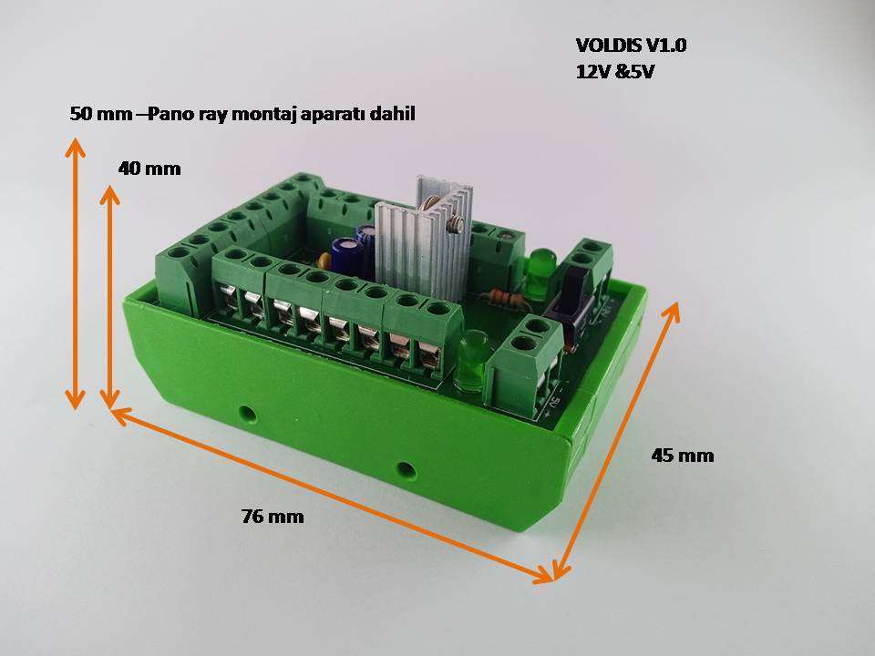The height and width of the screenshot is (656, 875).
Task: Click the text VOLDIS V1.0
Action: pos(631,46)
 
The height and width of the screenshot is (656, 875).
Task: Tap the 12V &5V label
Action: pos(614,72)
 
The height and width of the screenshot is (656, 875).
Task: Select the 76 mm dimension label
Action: pos(273,517)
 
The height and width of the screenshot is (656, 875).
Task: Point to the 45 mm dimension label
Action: pos(683,456)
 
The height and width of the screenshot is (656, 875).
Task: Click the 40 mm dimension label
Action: pos(149,169)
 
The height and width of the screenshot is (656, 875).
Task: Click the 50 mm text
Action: pos(101,115)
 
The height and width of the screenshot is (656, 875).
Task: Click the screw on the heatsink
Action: pos(454,224)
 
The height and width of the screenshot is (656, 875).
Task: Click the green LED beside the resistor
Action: pos(539,273)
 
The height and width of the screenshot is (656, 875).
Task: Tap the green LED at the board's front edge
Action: pos(471,360)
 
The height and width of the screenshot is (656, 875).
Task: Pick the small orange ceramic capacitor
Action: pos(324,261)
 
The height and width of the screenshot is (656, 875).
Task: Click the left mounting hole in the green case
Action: pos(246,414)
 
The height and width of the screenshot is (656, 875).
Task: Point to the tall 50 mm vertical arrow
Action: pos(75,273)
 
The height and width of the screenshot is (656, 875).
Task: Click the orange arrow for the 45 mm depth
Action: pos(617,441)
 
